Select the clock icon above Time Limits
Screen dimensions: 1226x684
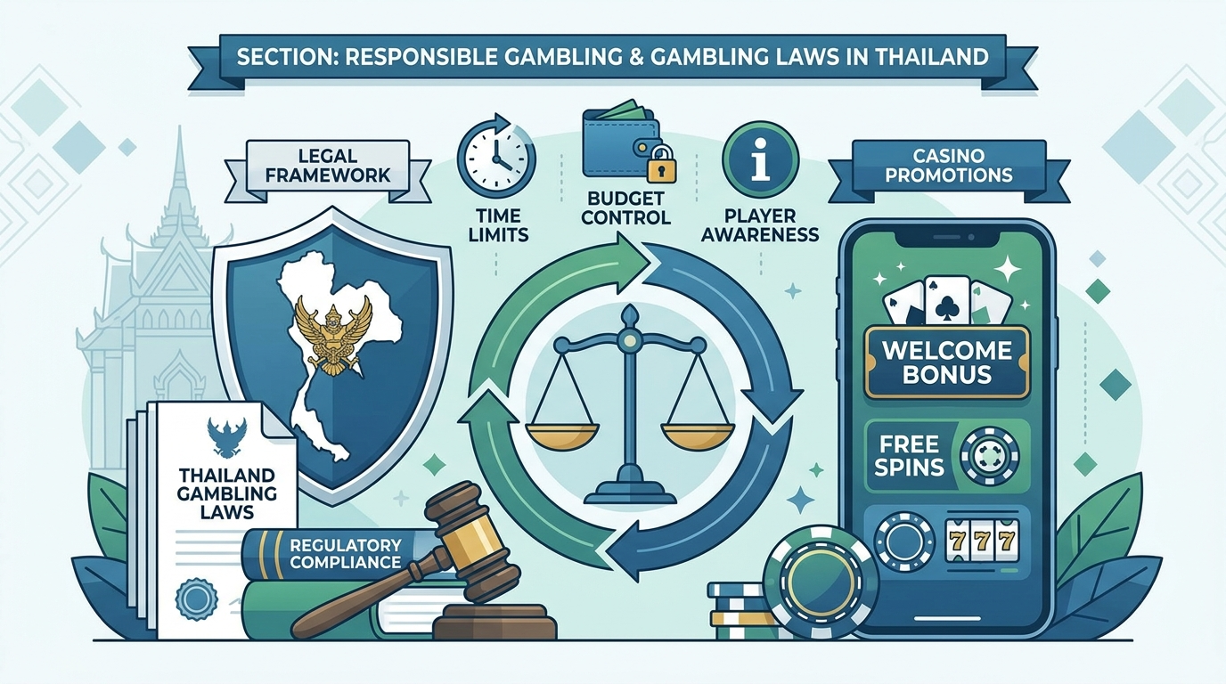[x=496, y=154]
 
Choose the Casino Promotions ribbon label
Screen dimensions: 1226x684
[x=949, y=166]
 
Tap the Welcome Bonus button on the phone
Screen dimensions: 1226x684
[x=947, y=362]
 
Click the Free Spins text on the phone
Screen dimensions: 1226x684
[x=909, y=455]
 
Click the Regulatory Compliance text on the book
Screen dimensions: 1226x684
[x=346, y=553]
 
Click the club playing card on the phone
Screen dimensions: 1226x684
[x=947, y=302]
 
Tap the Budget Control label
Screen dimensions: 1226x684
[x=625, y=208]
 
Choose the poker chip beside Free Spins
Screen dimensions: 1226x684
[x=989, y=456]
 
